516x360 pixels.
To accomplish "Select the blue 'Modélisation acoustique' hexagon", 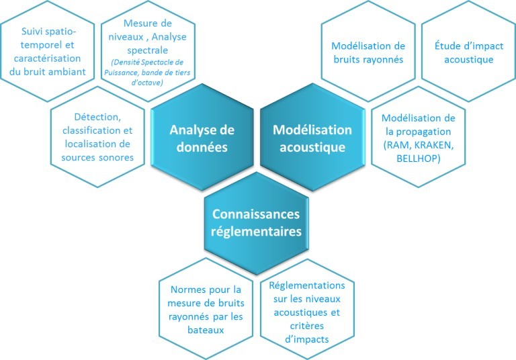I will [311, 138].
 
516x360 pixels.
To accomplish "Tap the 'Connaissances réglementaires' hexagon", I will [257, 222].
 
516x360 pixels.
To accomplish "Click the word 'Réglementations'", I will [307, 285].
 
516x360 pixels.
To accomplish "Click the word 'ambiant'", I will [71, 71].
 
